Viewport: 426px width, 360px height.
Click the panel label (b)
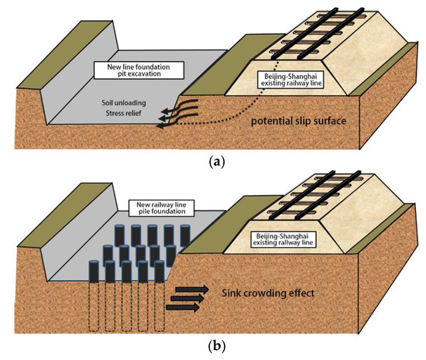(x=212, y=347)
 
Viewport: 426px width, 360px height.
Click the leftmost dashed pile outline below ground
(x=94, y=310)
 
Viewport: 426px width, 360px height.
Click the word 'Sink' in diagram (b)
(x=218, y=294)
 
